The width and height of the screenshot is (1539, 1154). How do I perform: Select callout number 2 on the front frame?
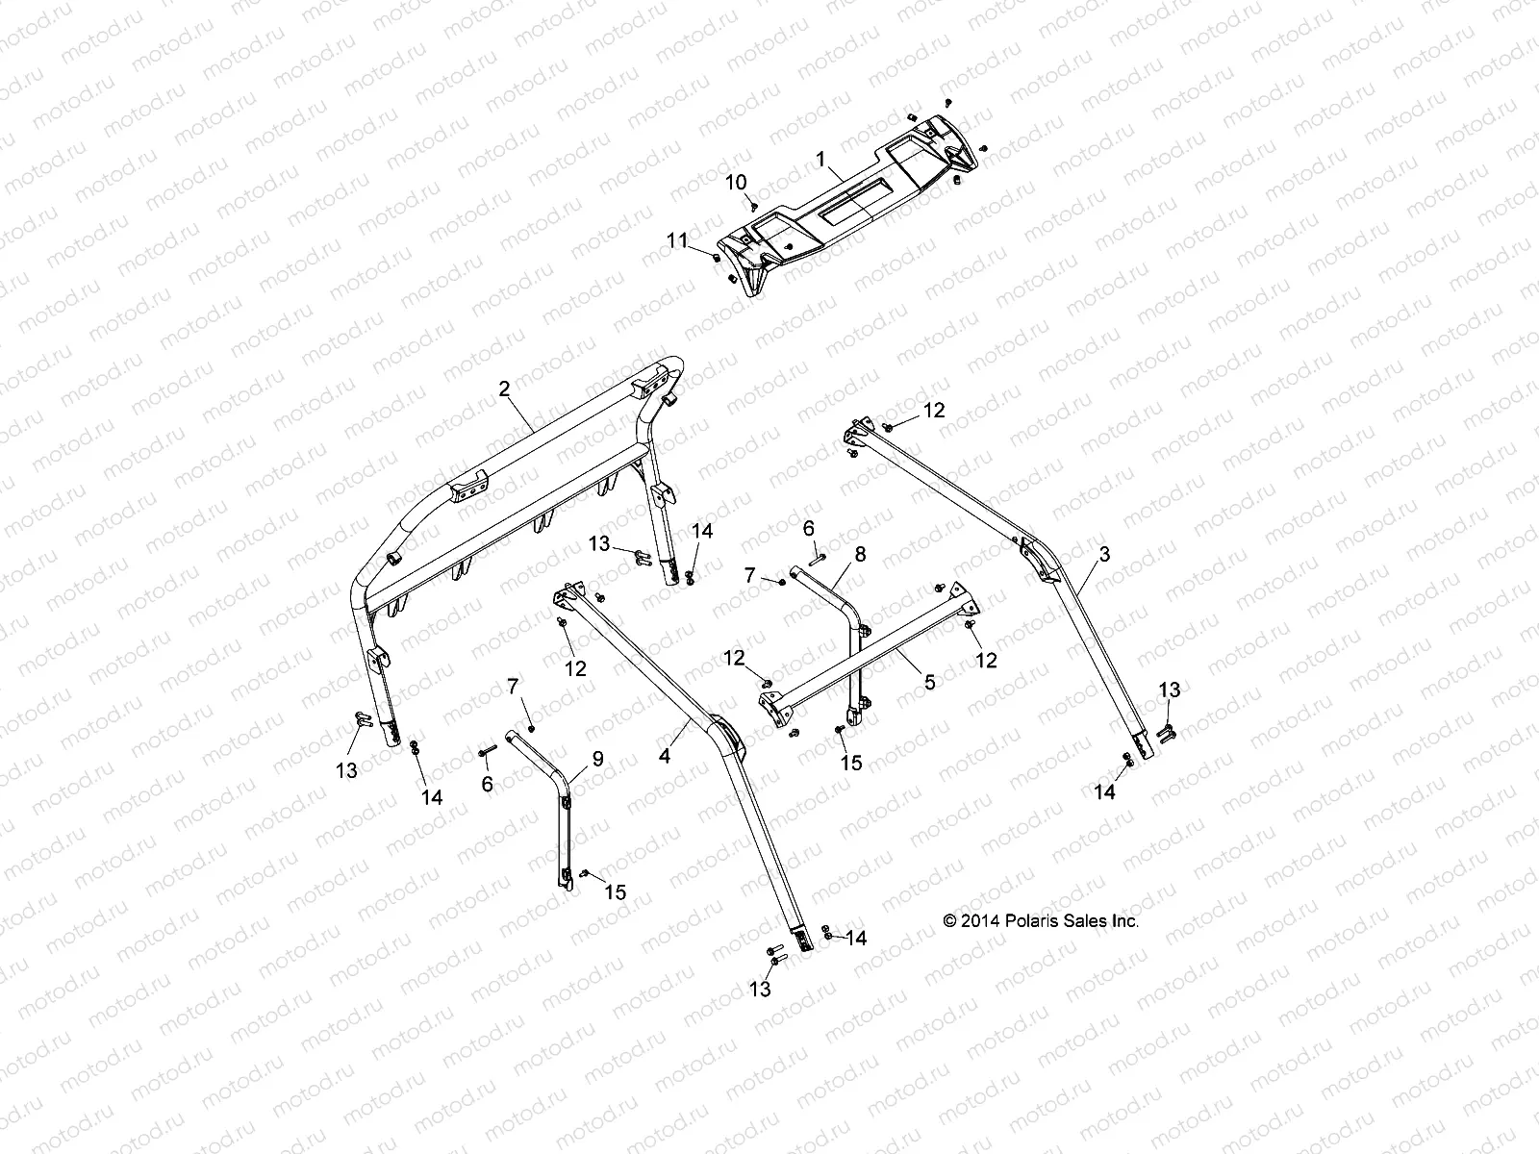point(503,389)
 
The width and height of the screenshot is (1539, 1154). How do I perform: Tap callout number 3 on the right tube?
point(1104,554)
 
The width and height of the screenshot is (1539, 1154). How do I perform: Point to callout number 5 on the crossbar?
point(928,683)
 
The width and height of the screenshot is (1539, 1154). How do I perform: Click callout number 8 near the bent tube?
point(860,554)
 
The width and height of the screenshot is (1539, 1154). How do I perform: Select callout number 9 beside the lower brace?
point(597,759)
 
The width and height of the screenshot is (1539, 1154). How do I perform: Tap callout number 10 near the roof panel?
point(735,182)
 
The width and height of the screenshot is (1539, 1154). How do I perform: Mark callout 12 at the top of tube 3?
point(934,411)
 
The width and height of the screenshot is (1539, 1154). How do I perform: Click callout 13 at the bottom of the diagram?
point(761,990)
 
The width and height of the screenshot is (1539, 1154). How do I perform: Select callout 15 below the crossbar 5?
point(851,764)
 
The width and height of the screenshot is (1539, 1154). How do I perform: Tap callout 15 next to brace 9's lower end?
point(615,892)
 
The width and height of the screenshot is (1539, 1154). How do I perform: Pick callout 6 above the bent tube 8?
point(808,528)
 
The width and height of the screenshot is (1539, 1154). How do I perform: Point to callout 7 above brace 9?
point(513,687)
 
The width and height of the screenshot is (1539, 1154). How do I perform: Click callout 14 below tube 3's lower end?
point(1104,792)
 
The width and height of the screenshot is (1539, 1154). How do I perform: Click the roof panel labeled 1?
point(846,207)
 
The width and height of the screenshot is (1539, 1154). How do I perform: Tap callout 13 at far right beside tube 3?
point(1169,690)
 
